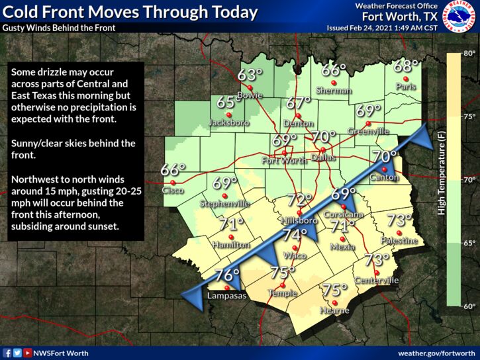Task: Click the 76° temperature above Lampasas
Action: (227, 275)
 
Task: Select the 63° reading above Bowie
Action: (247, 75)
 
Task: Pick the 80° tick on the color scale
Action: (469, 53)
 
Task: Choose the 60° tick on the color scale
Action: (469, 306)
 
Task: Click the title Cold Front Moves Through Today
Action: (130, 12)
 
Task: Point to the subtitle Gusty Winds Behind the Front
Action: (59, 28)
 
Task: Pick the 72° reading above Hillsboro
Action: (299, 200)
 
